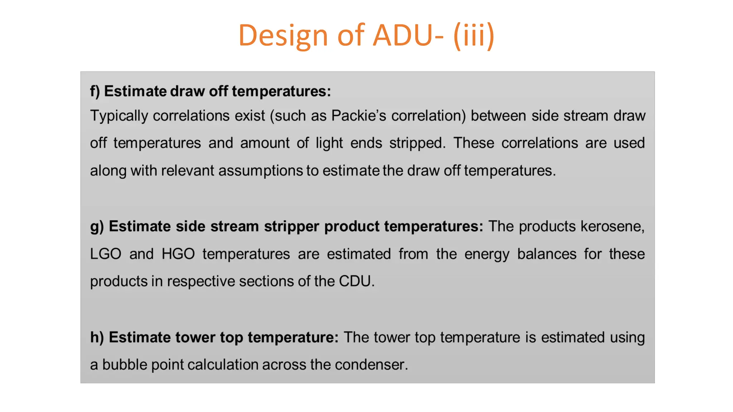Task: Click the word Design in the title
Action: click(283, 35)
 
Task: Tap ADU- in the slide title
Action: click(408, 35)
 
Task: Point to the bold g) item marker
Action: click(97, 227)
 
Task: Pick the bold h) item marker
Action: click(97, 337)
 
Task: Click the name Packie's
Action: click(359, 116)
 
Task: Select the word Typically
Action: click(119, 116)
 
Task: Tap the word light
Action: click(329, 143)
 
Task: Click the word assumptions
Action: click(261, 171)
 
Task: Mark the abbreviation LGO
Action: click(106, 254)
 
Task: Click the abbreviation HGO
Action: click(178, 254)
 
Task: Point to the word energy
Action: click(487, 254)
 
